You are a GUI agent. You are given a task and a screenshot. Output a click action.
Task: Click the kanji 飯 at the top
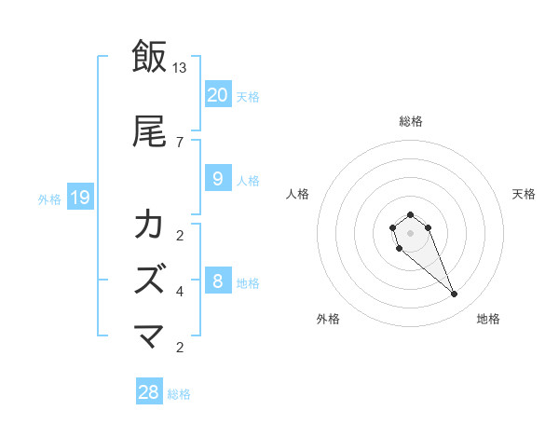149,57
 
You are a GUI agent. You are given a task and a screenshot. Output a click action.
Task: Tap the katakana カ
149,225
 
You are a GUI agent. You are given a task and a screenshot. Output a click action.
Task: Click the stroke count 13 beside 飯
180,67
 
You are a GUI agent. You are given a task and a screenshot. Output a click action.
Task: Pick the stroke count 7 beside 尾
179,142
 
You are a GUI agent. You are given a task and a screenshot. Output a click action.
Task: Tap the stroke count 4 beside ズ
179,292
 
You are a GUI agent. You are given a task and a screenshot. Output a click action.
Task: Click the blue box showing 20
217,95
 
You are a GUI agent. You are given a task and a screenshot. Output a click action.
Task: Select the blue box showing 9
217,179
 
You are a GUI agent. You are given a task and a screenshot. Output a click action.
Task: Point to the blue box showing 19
80,197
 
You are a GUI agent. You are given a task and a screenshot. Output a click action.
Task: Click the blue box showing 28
149,392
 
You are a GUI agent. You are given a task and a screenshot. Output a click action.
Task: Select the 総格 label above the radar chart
410,121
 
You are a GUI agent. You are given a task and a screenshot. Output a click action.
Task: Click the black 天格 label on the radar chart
524,194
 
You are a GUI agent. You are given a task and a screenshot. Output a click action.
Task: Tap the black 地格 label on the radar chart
488,319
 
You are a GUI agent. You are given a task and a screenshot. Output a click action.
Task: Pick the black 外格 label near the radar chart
328,319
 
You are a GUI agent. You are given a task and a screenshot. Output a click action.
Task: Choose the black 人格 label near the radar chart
297,194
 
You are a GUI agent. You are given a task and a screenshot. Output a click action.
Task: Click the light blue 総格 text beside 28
179,394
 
